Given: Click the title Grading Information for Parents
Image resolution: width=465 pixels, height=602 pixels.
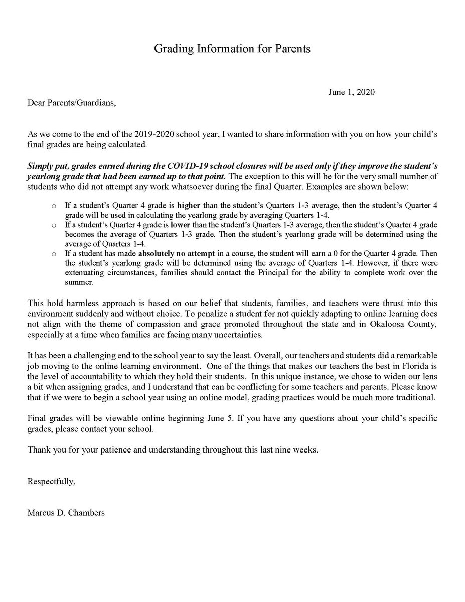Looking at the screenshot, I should click(232, 49).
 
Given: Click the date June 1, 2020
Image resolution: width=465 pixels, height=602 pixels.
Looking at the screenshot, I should click(352, 92).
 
